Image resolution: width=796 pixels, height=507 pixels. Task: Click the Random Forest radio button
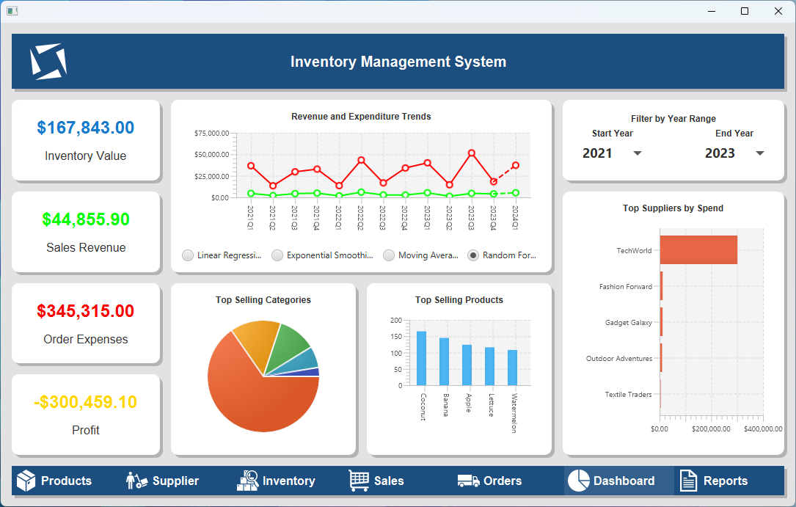coord(473,255)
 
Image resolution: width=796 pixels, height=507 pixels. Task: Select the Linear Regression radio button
coord(188,255)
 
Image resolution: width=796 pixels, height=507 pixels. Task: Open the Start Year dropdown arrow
coord(637,153)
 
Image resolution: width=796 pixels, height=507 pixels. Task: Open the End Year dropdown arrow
coord(759,153)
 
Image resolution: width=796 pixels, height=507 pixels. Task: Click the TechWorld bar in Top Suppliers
coord(698,250)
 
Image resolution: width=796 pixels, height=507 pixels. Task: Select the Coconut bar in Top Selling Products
coord(421,358)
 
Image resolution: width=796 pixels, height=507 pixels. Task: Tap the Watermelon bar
coord(512,368)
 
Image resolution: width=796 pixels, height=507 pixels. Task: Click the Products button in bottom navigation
coord(54,481)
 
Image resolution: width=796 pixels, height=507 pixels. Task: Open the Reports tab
coord(714,481)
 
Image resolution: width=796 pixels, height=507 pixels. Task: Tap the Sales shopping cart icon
coord(359,481)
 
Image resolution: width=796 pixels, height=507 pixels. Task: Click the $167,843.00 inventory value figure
coord(86,128)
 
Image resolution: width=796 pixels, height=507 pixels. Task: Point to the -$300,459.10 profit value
coord(86,402)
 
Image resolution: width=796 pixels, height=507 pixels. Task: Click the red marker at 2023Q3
coord(471,153)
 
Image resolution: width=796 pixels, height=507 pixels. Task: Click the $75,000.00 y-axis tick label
coord(211,134)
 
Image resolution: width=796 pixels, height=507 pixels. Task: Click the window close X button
coord(778,11)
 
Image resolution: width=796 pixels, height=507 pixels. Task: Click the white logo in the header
coord(48,62)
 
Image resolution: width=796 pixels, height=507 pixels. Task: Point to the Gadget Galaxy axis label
coord(628,323)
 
